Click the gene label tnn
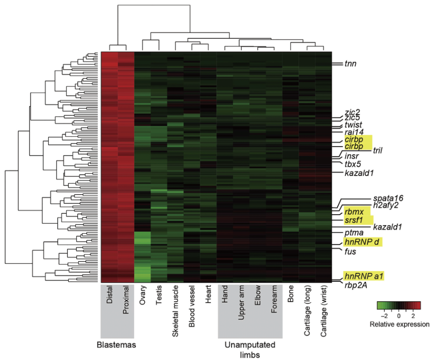(x=350, y=64)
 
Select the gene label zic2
(x=352, y=112)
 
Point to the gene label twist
(x=353, y=125)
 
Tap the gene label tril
(x=378, y=150)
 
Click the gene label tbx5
(x=353, y=164)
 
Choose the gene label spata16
(x=388, y=198)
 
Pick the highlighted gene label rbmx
(x=354, y=212)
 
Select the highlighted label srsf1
(x=354, y=220)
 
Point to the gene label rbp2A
(x=356, y=285)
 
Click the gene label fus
(x=350, y=251)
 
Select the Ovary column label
(x=142, y=295)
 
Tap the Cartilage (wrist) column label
(x=324, y=311)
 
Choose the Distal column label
(x=109, y=295)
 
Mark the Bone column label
(x=291, y=294)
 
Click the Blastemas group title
(x=116, y=345)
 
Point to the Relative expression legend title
(x=400, y=324)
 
